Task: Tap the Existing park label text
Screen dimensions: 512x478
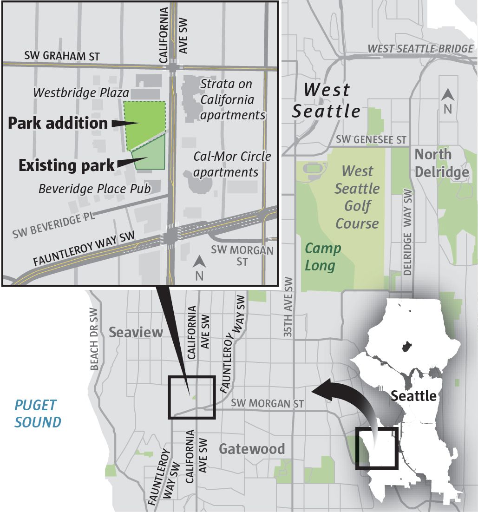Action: point(66,165)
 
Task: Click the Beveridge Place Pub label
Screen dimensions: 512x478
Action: point(95,189)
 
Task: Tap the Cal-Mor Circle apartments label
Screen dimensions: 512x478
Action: point(232,164)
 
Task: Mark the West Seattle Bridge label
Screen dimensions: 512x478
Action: point(420,49)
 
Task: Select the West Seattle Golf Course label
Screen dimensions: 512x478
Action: point(357,197)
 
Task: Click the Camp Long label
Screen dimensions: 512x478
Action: point(322,257)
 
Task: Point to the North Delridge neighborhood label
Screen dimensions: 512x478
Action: point(441,163)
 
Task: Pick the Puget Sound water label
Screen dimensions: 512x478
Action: point(38,413)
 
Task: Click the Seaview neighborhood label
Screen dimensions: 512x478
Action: point(136,332)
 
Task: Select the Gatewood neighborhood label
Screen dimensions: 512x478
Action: point(252,449)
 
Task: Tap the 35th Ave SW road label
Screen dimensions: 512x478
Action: point(288,307)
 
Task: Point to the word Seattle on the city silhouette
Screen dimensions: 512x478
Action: point(413,396)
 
